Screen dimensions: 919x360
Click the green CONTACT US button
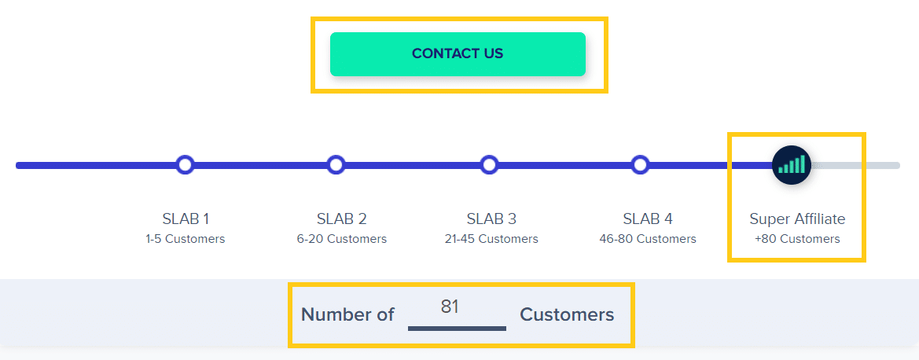coord(458,54)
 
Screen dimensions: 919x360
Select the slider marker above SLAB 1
coord(186,165)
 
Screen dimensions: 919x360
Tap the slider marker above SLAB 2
coord(336,165)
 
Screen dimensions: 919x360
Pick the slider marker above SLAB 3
coord(490,165)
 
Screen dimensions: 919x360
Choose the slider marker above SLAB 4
coord(641,165)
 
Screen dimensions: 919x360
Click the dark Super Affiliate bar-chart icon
coord(792,165)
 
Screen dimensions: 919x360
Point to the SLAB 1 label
coord(186,219)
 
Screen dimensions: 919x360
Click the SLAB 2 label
coord(342,219)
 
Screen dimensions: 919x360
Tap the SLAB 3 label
coord(492,219)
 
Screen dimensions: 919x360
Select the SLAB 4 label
coord(649,219)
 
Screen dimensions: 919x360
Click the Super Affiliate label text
coord(798,219)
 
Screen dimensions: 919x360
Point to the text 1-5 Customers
coord(186,239)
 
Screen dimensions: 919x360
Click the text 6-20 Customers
coord(342,239)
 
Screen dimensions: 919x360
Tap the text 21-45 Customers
coord(492,239)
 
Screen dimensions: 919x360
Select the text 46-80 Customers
coord(648,239)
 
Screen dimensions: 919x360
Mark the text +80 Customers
coord(797,239)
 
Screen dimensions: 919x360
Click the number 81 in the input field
coord(450,307)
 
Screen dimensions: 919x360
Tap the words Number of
coord(347,315)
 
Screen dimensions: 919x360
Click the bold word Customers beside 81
coord(567,315)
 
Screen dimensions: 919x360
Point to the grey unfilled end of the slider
coord(855,165)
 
